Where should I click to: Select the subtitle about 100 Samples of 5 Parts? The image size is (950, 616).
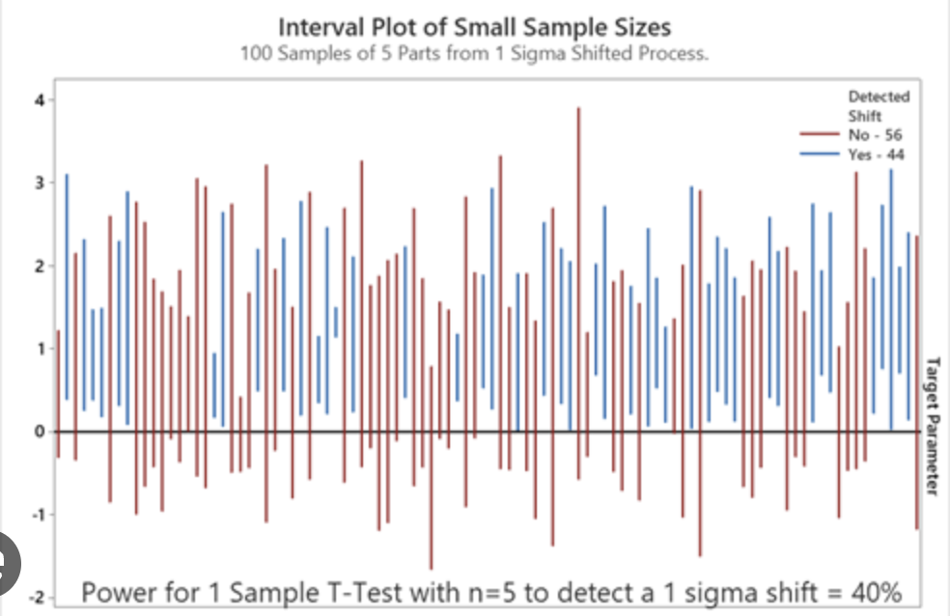[474, 52]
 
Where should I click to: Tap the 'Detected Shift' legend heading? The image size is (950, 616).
[878, 105]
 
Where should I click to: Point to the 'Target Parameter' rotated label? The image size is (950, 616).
[932, 425]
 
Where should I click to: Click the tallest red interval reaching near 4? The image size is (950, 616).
[578, 290]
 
